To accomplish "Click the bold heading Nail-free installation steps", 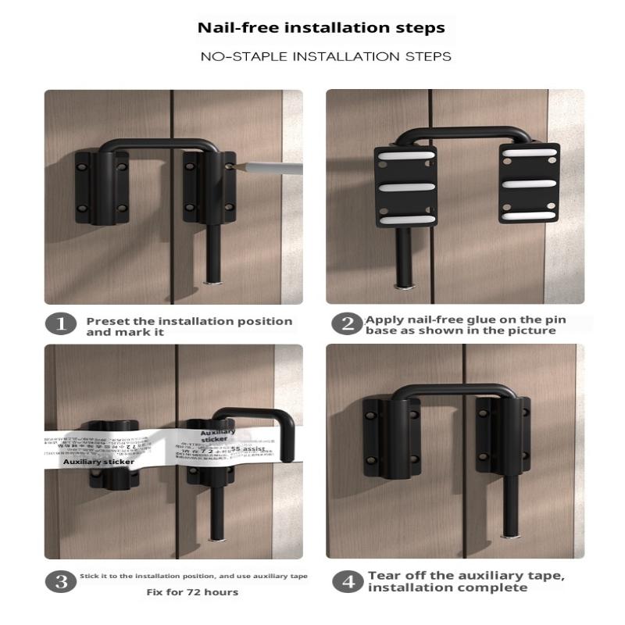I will tap(321, 28).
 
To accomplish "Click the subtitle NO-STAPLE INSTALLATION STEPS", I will tap(326, 57).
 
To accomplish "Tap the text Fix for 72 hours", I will tap(192, 592).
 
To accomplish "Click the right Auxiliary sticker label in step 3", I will tap(214, 435).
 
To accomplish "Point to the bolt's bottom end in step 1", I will tap(212, 281).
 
